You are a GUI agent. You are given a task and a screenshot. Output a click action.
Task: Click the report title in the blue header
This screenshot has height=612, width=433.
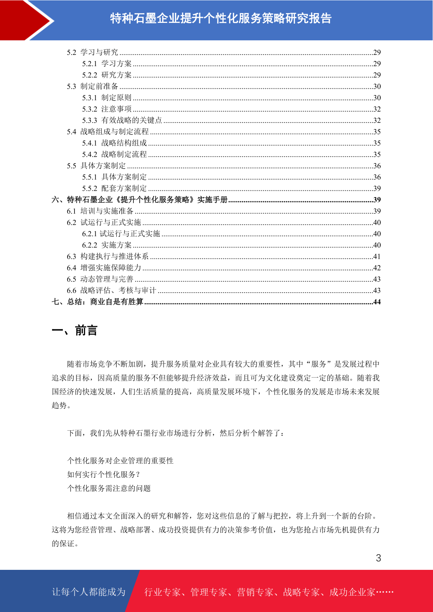(221, 19)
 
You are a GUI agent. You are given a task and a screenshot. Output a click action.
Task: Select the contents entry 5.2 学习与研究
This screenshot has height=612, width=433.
(92, 52)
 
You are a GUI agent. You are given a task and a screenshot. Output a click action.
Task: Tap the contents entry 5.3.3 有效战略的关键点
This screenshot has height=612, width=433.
(122, 120)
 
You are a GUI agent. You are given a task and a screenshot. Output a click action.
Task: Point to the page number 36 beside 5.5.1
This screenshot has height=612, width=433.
(377, 177)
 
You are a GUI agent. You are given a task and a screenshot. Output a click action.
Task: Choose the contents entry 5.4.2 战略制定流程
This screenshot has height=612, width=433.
(115, 154)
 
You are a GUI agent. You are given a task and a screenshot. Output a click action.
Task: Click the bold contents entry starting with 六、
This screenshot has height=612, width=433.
(140, 200)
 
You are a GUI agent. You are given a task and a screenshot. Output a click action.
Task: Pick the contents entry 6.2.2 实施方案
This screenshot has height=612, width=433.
(107, 245)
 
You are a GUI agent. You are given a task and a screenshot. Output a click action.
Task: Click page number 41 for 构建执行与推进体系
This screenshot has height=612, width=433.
(377, 257)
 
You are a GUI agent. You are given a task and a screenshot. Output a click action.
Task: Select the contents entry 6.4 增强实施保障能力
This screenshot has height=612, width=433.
(104, 268)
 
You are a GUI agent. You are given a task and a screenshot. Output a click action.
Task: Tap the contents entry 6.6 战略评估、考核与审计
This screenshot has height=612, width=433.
(111, 290)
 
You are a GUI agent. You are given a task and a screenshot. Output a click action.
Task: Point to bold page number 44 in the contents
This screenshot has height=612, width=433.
(377, 302)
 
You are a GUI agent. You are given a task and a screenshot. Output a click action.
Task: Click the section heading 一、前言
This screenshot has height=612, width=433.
(75, 331)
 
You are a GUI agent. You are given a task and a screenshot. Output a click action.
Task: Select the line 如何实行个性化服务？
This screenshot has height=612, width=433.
(104, 475)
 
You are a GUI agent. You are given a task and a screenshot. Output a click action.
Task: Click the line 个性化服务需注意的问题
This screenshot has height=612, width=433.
(109, 488)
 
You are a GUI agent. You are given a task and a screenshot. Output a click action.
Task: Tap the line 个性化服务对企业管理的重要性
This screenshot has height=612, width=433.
(120, 461)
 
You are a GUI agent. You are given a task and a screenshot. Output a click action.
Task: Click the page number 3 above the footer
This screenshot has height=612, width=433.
(378, 558)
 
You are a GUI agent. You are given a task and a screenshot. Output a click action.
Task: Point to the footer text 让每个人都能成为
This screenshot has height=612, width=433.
(89, 592)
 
